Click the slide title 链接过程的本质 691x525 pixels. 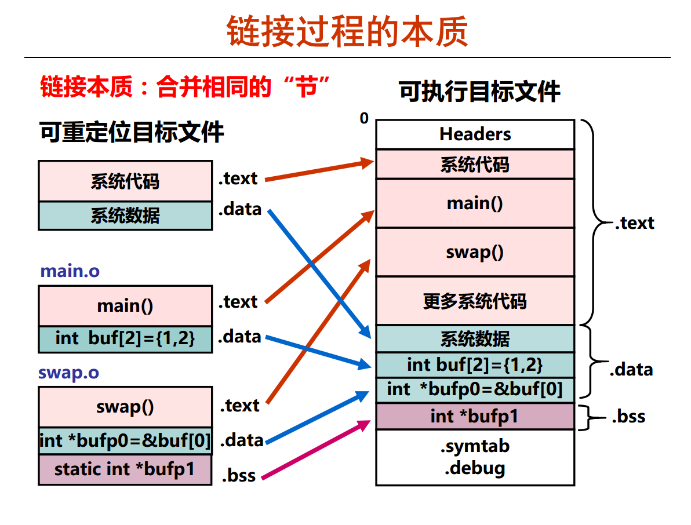347,31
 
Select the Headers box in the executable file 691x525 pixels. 475,134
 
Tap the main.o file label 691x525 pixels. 70,271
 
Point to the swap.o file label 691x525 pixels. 68,373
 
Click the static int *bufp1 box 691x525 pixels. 125,469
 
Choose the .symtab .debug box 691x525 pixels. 475,457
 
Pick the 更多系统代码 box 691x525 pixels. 475,301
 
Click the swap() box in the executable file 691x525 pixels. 475,252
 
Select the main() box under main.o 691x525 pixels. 125,305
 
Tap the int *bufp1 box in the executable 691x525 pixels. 475,416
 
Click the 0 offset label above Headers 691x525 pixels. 364,119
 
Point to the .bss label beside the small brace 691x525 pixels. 628,417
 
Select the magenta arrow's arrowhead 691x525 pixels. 365,425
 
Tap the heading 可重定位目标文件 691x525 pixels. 132,132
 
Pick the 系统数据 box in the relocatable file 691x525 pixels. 125,216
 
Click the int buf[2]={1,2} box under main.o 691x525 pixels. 125,339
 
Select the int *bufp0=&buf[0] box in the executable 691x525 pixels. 475,389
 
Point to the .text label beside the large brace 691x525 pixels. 634,223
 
